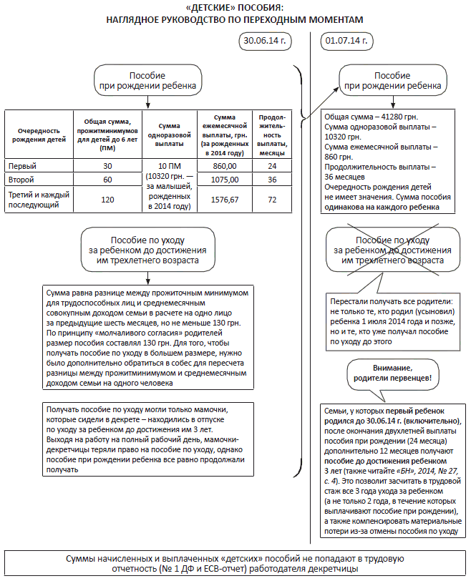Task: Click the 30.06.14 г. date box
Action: pyautogui.click(x=263, y=41)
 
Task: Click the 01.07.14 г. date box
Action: pyautogui.click(x=346, y=41)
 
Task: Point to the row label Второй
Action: pyautogui.click(x=21, y=179)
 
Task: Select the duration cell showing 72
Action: pyautogui.click(x=271, y=200)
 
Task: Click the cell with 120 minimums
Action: pyautogui.click(x=107, y=200)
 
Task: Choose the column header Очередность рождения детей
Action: pyautogui.click(x=38, y=135)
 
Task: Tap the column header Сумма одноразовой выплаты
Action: pyautogui.click(x=167, y=135)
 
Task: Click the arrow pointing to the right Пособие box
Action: pyautogui.click(x=326, y=97)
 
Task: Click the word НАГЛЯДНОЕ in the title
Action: pyautogui.click(x=137, y=19)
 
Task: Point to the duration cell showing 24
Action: pyautogui.click(x=271, y=165)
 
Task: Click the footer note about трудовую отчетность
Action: pyautogui.click(x=235, y=563)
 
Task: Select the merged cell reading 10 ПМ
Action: pyautogui.click(x=167, y=165)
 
